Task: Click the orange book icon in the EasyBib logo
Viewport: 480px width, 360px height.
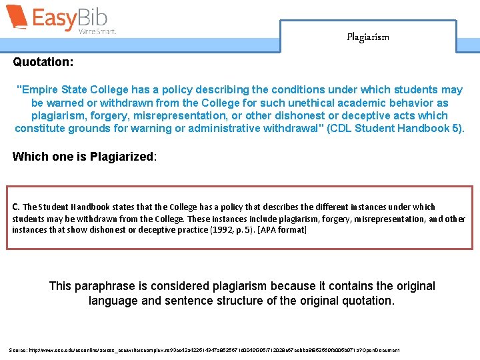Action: [17, 18]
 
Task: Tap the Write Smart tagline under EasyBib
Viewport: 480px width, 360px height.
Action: [97, 31]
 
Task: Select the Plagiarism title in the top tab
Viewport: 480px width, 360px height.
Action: [367, 37]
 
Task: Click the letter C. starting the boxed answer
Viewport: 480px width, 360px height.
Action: [17, 207]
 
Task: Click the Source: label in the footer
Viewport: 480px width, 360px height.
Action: [19, 350]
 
